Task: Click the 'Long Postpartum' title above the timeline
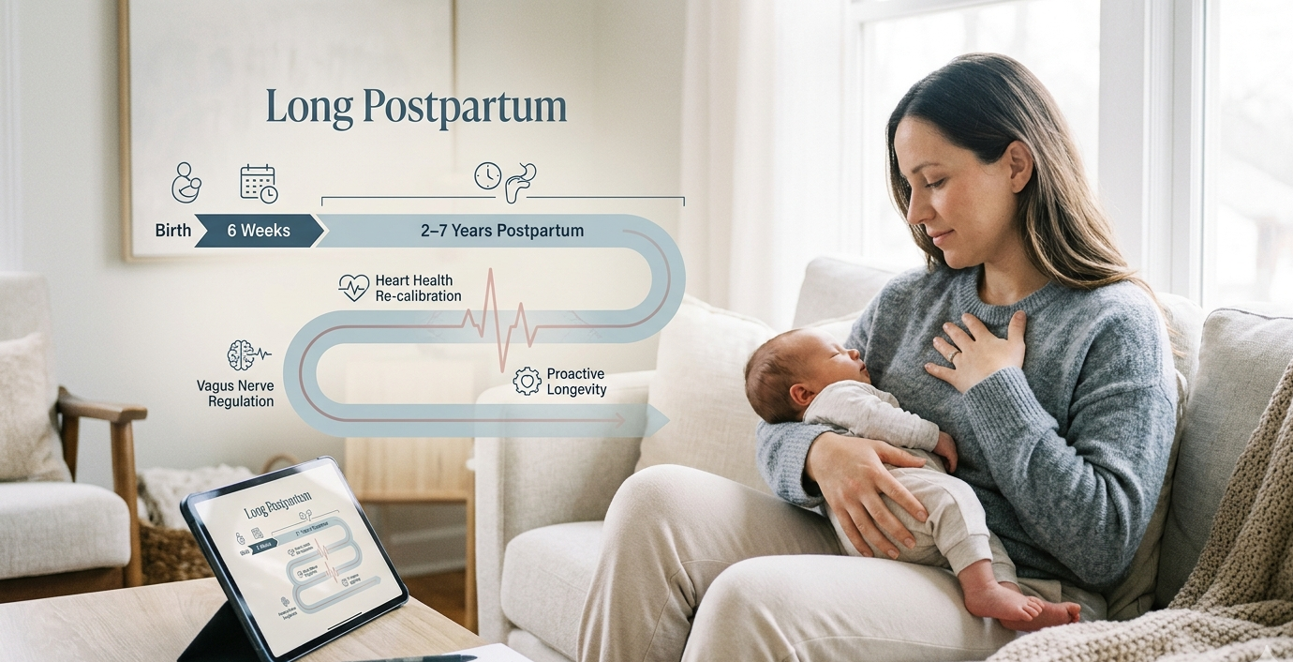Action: [416, 108]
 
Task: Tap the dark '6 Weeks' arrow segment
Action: [259, 231]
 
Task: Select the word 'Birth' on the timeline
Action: [173, 231]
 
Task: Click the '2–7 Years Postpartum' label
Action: [502, 231]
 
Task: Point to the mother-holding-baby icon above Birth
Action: [186, 182]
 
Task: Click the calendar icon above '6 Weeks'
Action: [259, 183]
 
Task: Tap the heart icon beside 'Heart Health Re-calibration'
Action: [353, 287]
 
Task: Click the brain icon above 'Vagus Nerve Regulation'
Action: [242, 355]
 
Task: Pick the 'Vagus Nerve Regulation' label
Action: [235, 393]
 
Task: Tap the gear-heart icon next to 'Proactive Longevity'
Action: [528, 381]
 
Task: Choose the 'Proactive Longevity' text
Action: [576, 382]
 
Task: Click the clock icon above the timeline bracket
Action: [487, 175]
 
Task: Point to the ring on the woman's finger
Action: [953, 355]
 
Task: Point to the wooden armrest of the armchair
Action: [103, 411]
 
